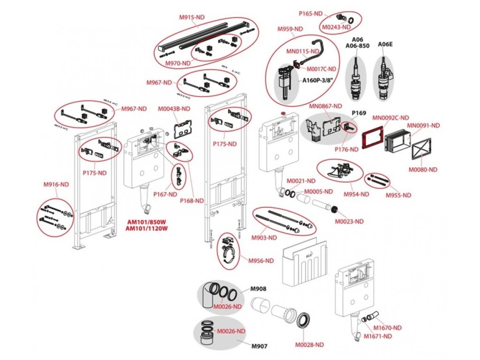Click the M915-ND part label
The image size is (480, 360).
point(192,17)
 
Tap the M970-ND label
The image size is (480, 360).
point(178,63)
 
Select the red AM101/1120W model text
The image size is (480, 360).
point(147,228)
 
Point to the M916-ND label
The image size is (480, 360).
point(56,184)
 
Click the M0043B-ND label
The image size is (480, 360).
point(174,109)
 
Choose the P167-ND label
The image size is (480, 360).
point(165,194)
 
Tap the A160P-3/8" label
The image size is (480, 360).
point(317,81)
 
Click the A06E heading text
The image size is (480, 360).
point(385,45)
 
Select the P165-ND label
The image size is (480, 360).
point(311,14)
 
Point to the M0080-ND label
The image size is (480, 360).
point(423,170)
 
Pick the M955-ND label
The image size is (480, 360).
point(398,195)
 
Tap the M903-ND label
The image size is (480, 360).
point(264,238)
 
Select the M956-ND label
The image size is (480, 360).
point(261,261)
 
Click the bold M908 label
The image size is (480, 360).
point(258,289)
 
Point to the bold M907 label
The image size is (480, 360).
point(259,346)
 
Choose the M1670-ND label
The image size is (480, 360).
point(387,328)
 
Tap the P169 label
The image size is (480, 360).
point(359,113)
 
